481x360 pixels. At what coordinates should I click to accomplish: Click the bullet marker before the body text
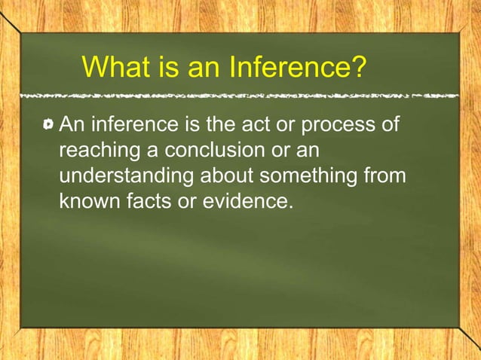[x=49, y=124]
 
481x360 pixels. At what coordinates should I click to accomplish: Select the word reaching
[x=98, y=151]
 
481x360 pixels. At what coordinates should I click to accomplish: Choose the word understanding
[x=126, y=177]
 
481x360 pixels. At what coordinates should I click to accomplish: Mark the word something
[x=311, y=177]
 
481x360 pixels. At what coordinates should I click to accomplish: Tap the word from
[x=385, y=176]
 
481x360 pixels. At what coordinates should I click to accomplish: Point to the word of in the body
[x=388, y=123]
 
